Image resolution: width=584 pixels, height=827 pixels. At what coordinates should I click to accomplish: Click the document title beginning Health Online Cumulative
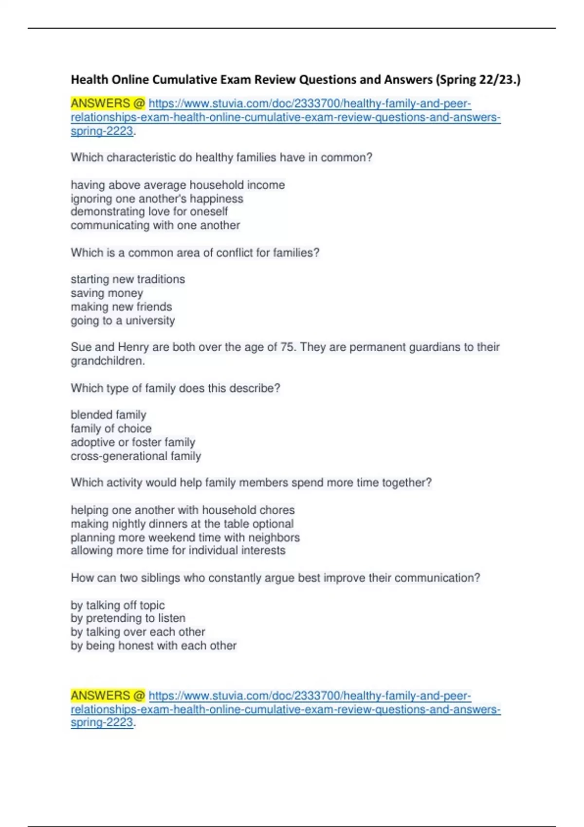point(295,79)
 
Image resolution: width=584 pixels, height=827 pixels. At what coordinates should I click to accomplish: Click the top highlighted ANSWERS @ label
point(108,104)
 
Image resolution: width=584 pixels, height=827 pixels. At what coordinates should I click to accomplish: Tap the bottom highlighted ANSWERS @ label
point(108,696)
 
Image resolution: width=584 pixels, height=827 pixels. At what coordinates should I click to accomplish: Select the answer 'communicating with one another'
point(155,225)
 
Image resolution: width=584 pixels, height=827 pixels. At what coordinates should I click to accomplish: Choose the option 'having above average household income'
point(178,185)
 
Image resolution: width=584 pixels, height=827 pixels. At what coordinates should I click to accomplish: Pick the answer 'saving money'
point(107,293)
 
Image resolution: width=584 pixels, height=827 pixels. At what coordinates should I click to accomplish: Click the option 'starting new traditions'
point(128,279)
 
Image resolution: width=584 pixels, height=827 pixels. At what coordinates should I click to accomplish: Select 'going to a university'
point(123,321)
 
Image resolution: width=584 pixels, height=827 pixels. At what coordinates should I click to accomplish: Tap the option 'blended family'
point(108,415)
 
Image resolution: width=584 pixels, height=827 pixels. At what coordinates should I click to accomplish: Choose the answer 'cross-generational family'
point(136,456)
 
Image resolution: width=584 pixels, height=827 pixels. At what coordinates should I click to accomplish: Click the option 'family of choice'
point(111,429)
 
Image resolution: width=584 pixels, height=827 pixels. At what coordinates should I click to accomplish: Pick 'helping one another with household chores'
point(182,510)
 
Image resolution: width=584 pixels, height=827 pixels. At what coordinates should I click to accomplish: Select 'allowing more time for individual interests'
point(178,550)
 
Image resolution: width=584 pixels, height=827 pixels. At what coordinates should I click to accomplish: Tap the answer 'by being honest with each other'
point(153,646)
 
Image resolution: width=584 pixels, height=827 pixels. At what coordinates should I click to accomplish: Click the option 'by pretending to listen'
point(128,618)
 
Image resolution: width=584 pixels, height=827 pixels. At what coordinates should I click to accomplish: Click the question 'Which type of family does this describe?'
point(175,388)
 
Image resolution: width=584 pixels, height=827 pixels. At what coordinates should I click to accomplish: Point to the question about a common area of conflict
point(195,253)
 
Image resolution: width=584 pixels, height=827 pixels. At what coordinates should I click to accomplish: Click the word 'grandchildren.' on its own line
point(108,361)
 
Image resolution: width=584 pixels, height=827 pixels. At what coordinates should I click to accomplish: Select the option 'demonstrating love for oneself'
point(149,212)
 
